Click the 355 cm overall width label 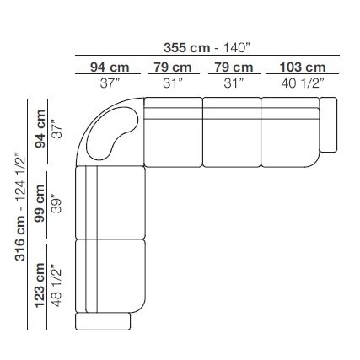pos(187,48)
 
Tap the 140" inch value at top pos(236,48)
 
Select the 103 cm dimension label pos(303,67)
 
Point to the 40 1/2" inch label pos(303,83)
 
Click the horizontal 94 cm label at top pos(110,67)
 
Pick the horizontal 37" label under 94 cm pos(110,83)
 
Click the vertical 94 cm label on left pos(40,129)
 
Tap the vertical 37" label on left pos(56,129)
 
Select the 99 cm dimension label pos(40,203)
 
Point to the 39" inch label pos(56,204)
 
